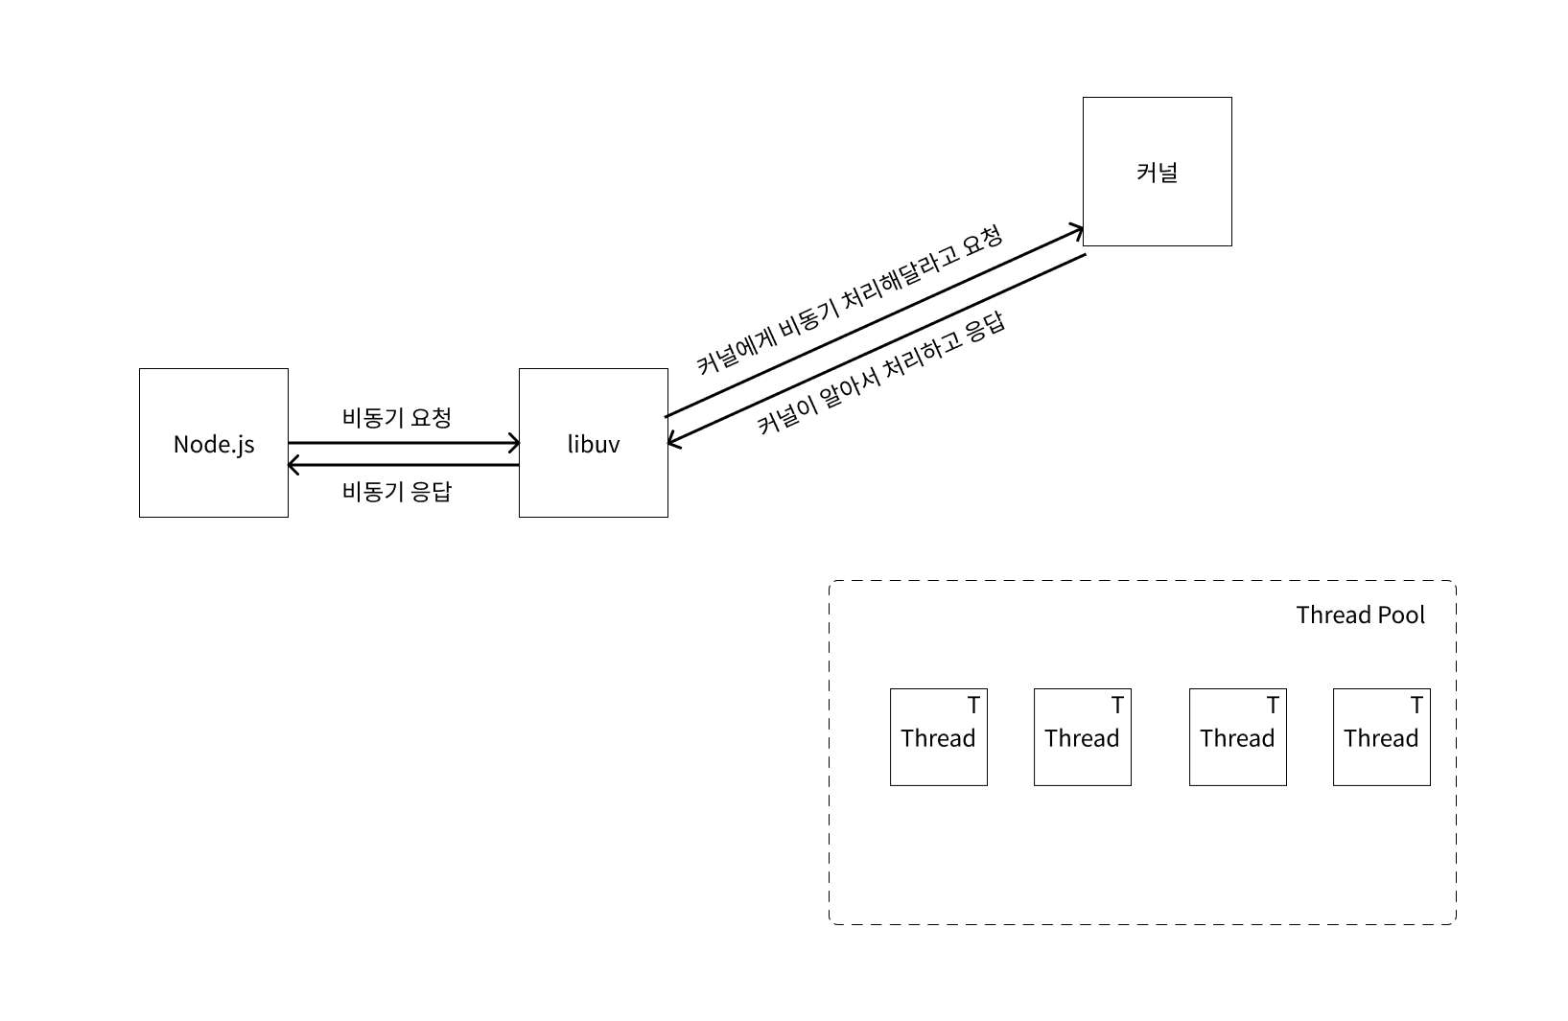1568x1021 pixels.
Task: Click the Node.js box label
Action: point(214,444)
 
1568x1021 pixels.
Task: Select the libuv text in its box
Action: point(594,444)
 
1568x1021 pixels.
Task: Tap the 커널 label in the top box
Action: point(1157,173)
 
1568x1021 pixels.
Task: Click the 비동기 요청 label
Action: point(396,418)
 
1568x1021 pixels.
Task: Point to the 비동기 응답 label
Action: point(396,492)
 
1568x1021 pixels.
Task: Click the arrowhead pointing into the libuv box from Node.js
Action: point(514,443)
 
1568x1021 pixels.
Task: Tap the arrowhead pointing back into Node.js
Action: point(293,465)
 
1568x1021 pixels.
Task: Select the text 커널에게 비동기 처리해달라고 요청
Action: point(849,300)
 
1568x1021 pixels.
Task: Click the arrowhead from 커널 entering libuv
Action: point(673,442)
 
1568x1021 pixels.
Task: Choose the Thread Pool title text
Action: point(1360,615)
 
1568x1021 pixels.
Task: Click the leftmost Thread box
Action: point(938,737)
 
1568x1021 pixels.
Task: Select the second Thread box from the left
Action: point(1082,737)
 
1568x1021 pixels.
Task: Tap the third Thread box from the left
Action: point(1237,737)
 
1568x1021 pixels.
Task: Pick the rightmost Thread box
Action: point(1381,737)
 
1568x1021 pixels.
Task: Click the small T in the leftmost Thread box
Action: point(973,706)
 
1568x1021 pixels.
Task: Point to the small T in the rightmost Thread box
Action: point(1416,706)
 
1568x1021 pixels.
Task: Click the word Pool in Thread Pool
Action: point(1401,615)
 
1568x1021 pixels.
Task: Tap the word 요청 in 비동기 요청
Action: point(431,418)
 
